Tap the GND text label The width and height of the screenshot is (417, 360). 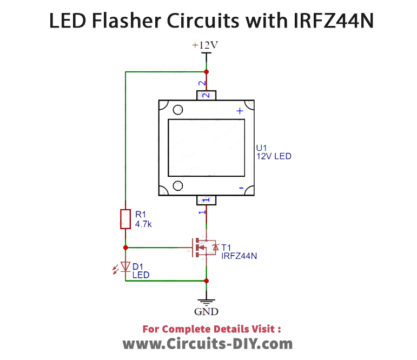(206, 311)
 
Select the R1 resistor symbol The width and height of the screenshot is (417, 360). (124, 219)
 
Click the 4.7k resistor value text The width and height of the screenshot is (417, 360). (143, 225)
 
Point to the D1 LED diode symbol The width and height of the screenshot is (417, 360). (124, 267)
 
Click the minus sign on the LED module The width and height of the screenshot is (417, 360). (240, 186)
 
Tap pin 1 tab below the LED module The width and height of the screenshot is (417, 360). (206, 206)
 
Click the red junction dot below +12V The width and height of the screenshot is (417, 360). (206, 71)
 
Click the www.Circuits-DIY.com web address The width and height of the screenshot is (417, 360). (207, 344)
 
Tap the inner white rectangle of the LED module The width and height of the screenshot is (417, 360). (206, 148)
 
